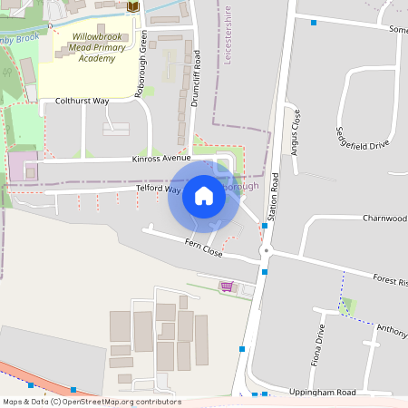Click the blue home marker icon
[x=204, y=196]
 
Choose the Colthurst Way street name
[x=82, y=102]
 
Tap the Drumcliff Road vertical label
[x=195, y=79]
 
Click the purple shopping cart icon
[x=226, y=287]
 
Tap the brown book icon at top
[x=133, y=7]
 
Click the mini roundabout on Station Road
[x=266, y=251]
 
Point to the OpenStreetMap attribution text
[x=91, y=402]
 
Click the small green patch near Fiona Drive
[x=346, y=306]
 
